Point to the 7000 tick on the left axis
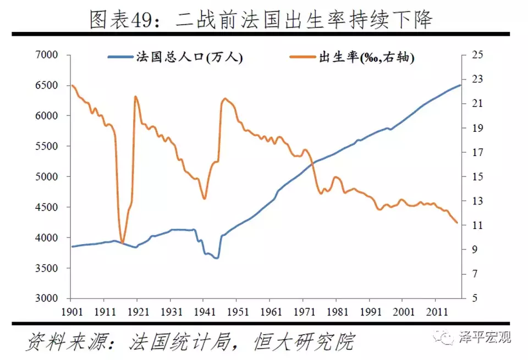coord(46,55)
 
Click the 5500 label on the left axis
coord(46,147)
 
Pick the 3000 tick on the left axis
coord(46,299)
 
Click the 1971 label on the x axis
coord(302,311)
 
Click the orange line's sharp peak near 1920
coord(135,97)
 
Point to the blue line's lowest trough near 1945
coord(217,258)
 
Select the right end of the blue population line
coord(460,85)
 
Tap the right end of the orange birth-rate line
coord(458,223)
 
